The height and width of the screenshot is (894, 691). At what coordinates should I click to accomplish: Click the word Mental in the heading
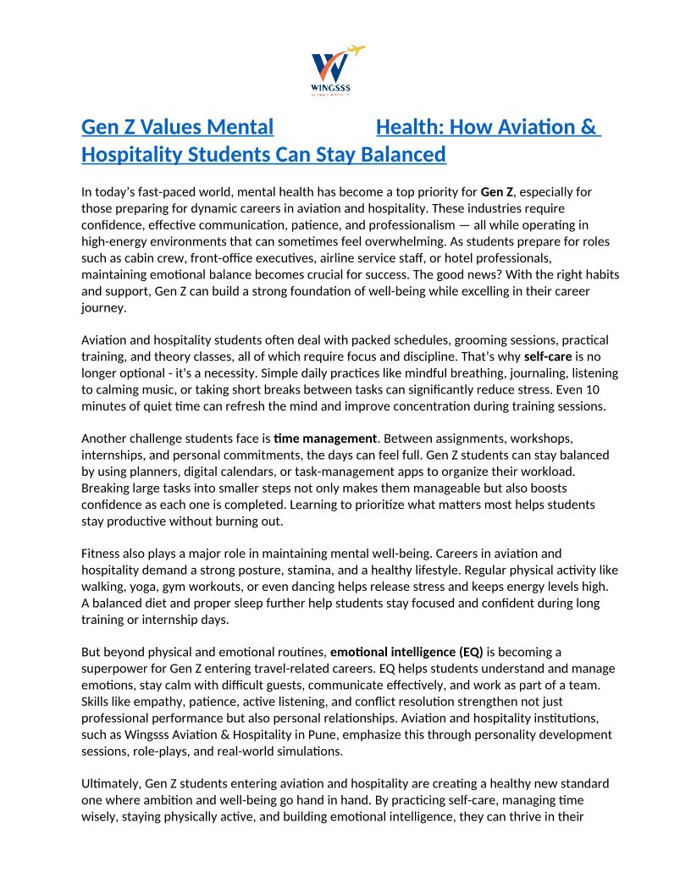click(240, 127)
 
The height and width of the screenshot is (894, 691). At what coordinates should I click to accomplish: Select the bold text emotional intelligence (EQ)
click(406, 652)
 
